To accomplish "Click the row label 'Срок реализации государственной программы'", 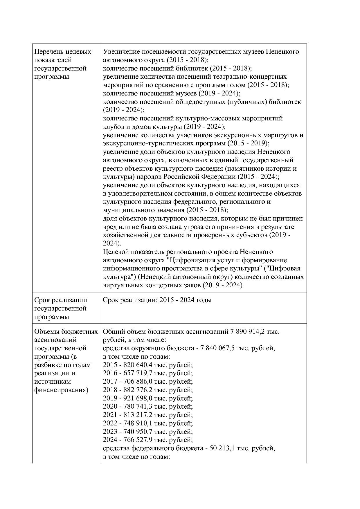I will tap(60, 308).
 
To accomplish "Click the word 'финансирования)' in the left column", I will tap(61, 390).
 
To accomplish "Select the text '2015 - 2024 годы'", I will tap(186, 300).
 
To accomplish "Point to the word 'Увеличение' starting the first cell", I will tap(121, 52).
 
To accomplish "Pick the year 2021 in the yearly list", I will tap(110, 415).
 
